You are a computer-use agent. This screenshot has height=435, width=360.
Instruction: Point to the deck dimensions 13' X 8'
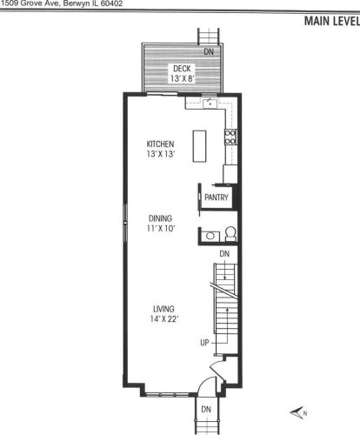click(x=181, y=78)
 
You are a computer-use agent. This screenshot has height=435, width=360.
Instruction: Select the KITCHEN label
click(x=161, y=144)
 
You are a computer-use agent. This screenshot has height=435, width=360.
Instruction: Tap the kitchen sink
click(x=209, y=103)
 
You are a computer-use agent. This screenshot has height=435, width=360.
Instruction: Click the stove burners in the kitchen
click(x=230, y=135)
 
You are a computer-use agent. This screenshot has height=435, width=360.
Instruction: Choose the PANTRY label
click(x=216, y=197)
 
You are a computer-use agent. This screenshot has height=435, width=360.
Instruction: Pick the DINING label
click(x=160, y=218)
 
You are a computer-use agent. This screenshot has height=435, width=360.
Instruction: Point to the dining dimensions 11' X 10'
click(x=160, y=229)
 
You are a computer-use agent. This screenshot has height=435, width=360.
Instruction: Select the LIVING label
click(x=163, y=309)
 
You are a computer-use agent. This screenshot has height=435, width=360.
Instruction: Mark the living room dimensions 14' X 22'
click(x=163, y=319)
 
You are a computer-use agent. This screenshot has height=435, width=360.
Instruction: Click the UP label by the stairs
click(x=204, y=342)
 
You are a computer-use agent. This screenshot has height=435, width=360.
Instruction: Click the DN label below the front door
click(x=206, y=408)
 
